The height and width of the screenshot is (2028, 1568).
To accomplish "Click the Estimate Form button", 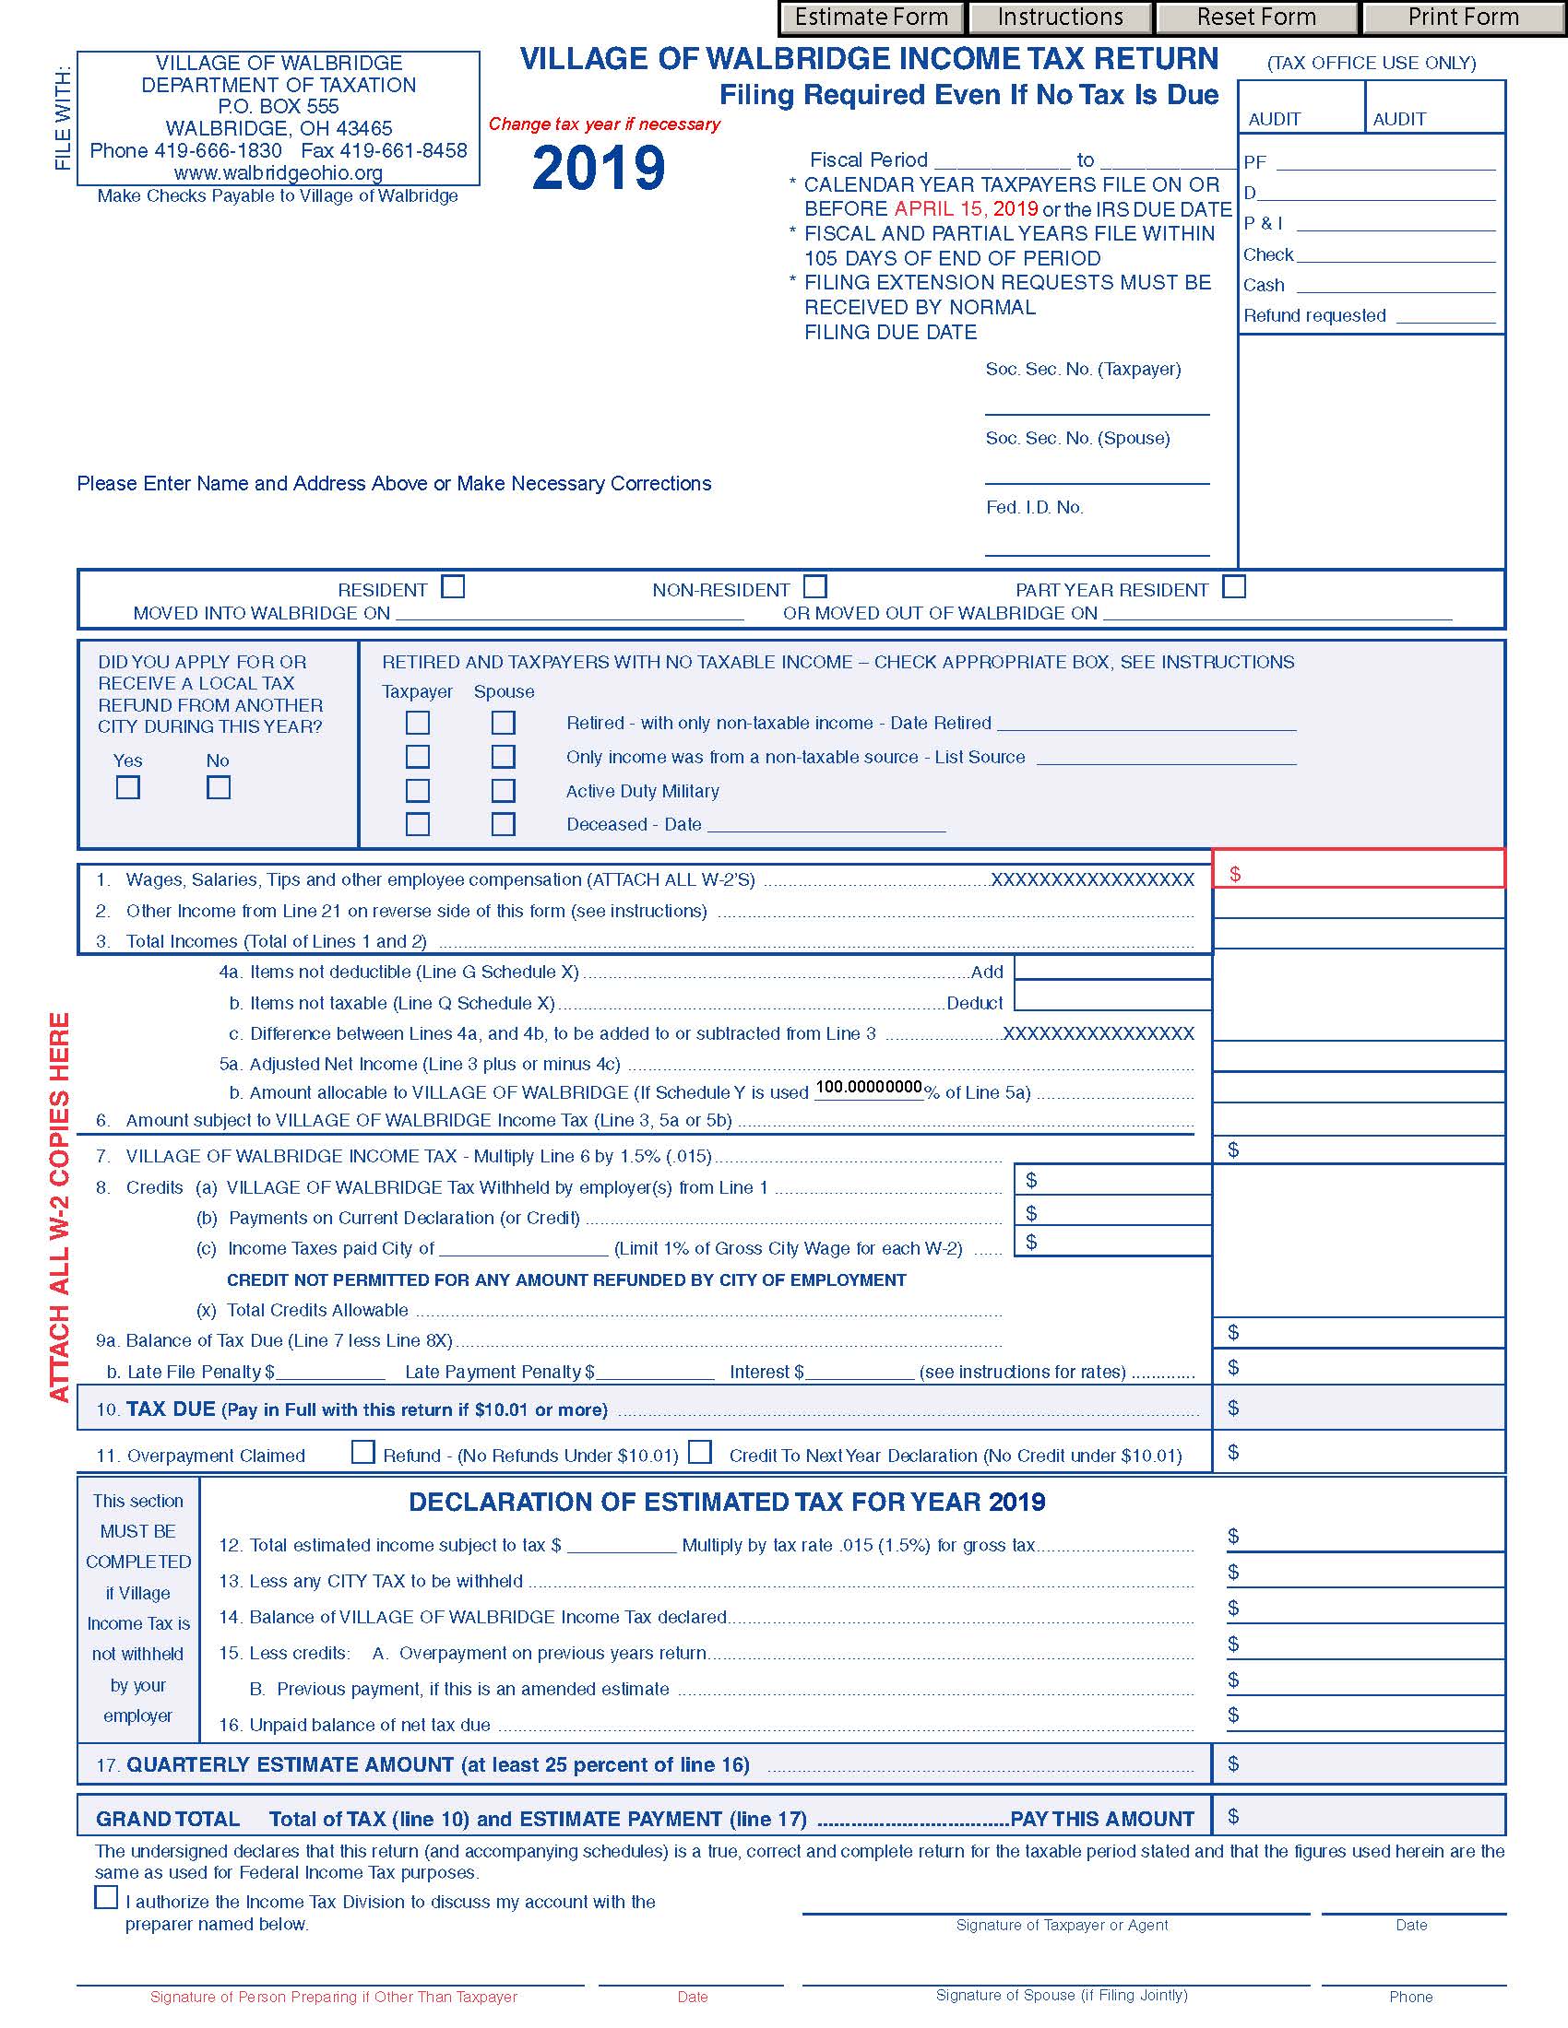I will [x=871, y=18].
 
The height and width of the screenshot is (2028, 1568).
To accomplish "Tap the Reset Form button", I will [x=1256, y=18].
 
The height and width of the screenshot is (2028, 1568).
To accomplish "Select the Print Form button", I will [x=1463, y=18].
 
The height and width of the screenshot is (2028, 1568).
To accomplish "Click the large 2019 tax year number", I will [x=600, y=168].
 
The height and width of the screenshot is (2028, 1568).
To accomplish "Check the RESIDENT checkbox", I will [x=453, y=587].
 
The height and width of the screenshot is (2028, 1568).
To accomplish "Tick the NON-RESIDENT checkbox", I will [x=815, y=587].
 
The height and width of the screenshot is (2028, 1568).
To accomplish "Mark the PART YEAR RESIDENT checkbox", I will [x=1233, y=587].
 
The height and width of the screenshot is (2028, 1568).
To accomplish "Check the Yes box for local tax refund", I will [x=128, y=787].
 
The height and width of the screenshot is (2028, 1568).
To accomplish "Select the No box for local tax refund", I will [x=219, y=787].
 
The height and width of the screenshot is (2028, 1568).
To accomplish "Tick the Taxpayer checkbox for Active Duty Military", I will [x=418, y=790].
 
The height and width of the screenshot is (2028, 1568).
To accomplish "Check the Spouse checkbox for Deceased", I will [x=504, y=823].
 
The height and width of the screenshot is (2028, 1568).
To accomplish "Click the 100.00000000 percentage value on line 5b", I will [x=869, y=1089].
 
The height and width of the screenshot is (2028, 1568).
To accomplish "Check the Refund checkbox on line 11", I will [x=363, y=1452].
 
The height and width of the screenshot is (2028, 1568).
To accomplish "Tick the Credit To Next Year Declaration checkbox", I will [x=700, y=1452].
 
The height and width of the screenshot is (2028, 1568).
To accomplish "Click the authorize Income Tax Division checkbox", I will [x=106, y=1897].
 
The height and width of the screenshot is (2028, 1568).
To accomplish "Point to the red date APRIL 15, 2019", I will [x=966, y=209].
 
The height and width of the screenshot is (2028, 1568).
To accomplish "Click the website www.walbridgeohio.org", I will [x=278, y=172].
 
